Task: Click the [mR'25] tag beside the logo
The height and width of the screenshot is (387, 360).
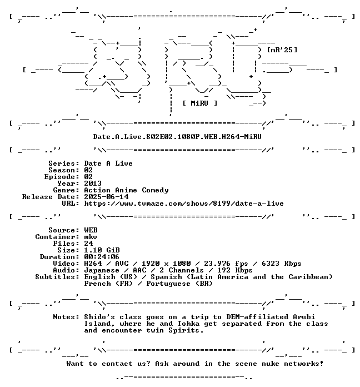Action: tap(282, 50)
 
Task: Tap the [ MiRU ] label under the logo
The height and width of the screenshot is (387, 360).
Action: tap(200, 103)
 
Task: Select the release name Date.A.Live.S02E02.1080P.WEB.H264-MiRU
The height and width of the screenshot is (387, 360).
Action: tap(177, 136)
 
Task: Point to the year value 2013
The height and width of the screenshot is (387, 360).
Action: tap(93, 183)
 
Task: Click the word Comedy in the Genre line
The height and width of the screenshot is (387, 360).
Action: tap(155, 190)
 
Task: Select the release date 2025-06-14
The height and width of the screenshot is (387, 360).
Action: tap(106, 197)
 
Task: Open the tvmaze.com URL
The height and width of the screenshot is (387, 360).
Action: tap(184, 204)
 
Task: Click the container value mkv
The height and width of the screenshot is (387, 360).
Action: tap(91, 237)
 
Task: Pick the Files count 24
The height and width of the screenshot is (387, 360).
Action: tap(88, 244)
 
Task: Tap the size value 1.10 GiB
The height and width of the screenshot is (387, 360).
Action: tap(102, 250)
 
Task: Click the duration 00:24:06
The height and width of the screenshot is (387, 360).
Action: tap(102, 257)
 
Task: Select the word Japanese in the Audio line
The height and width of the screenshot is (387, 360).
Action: tap(102, 270)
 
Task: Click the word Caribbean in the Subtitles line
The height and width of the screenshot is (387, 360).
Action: tap(308, 277)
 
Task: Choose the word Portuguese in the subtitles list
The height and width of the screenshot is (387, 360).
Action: tap(168, 284)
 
